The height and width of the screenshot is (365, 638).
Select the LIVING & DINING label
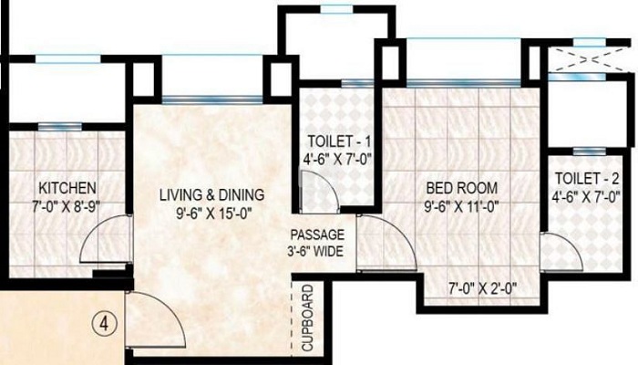click(x=211, y=194)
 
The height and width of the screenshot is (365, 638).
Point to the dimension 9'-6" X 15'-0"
click(x=211, y=213)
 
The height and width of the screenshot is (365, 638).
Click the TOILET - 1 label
click(x=337, y=141)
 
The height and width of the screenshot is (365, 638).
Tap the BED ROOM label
click(x=462, y=188)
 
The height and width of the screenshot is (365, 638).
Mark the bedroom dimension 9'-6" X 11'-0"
click(x=462, y=206)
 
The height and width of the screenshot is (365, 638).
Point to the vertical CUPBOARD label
click(x=308, y=318)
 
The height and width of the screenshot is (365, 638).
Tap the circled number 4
click(x=103, y=322)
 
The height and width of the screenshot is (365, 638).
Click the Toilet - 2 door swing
click(x=558, y=251)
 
